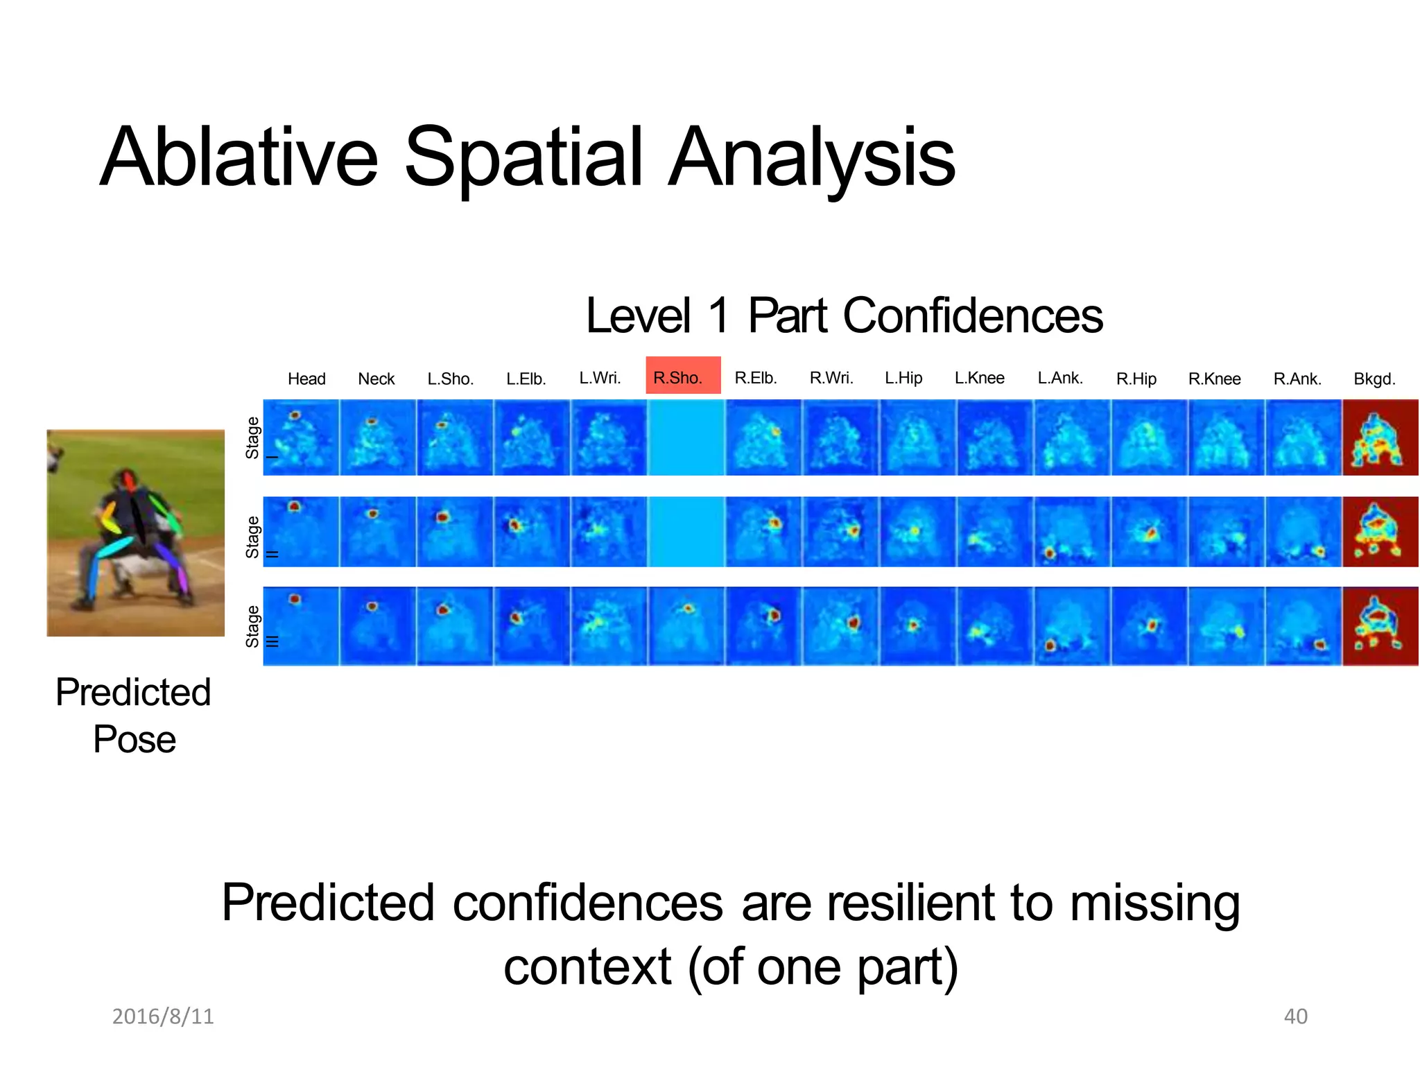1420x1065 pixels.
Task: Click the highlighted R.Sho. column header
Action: (682, 376)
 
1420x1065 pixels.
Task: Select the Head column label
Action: (306, 379)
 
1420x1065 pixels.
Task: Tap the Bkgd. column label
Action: (1374, 379)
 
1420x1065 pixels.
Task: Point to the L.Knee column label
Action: (979, 378)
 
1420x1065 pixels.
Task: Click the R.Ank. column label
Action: (1297, 379)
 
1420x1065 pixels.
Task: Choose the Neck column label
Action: (376, 379)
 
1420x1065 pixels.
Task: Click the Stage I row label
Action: (254, 438)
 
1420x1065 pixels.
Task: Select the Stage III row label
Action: (254, 626)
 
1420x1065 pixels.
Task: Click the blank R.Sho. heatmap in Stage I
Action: (685, 438)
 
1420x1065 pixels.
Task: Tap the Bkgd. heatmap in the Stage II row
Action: (1380, 532)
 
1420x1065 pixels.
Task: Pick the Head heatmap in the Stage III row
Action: (301, 626)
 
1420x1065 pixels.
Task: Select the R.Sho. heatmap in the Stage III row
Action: (685, 626)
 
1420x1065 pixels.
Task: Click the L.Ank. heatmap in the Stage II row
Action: (1071, 532)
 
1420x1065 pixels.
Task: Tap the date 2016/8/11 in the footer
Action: (163, 1016)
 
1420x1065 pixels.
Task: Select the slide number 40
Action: (1295, 1016)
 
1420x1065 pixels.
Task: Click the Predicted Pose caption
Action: (134, 716)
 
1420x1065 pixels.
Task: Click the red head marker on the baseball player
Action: (129, 480)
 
